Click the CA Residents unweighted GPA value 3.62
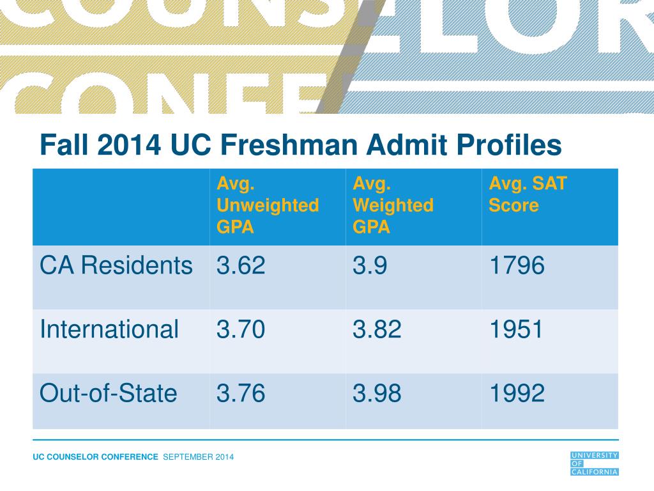point(240,265)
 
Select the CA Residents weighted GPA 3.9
point(369,265)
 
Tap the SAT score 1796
point(517,265)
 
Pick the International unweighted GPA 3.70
point(240,329)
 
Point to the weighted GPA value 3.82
point(377,329)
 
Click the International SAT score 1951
point(517,329)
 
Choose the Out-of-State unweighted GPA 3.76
point(240,393)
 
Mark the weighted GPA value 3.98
point(377,393)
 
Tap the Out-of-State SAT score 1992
point(517,393)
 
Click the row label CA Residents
point(116,265)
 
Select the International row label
point(109,329)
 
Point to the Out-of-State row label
point(108,393)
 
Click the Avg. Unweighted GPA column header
point(268,205)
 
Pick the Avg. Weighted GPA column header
point(393,205)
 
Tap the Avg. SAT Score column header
point(528,194)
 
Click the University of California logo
point(594,463)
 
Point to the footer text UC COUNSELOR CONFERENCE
point(95,456)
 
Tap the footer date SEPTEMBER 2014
point(199,456)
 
